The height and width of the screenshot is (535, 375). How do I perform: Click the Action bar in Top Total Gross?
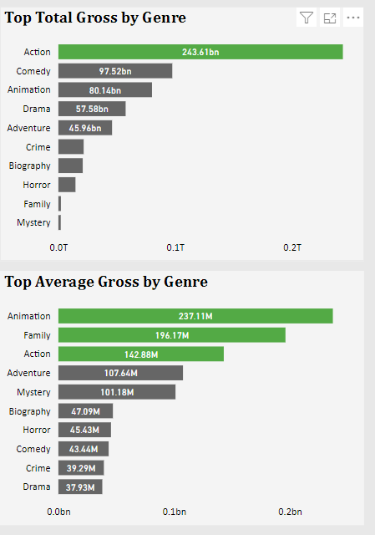200,52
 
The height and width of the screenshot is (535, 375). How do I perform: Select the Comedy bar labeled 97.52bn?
115,71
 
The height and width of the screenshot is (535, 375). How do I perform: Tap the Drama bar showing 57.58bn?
92,109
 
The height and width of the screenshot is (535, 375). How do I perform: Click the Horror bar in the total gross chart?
67,185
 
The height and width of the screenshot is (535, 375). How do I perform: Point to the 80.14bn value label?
104,90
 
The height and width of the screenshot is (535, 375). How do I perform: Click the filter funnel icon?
307,18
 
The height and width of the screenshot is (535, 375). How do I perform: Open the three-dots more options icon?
353,18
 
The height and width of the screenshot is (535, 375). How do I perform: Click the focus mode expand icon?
330,18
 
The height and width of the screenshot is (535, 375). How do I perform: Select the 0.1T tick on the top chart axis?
175,248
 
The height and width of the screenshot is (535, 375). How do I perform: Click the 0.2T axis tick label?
292,248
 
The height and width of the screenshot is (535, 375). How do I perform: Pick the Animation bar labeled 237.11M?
195,316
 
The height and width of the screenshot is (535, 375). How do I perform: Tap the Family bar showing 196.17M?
172,335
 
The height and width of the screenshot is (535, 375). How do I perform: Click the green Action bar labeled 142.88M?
141,354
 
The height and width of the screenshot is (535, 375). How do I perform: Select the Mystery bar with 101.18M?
117,392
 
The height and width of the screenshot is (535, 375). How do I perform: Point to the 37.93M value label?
81,487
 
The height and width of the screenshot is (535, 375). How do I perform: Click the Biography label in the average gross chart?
30,411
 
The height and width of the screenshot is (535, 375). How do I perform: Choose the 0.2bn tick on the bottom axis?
289,511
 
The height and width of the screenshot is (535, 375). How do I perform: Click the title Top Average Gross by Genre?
106,282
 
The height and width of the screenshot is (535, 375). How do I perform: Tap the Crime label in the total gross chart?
38,147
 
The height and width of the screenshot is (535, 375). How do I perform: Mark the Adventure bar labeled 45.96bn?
85,128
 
